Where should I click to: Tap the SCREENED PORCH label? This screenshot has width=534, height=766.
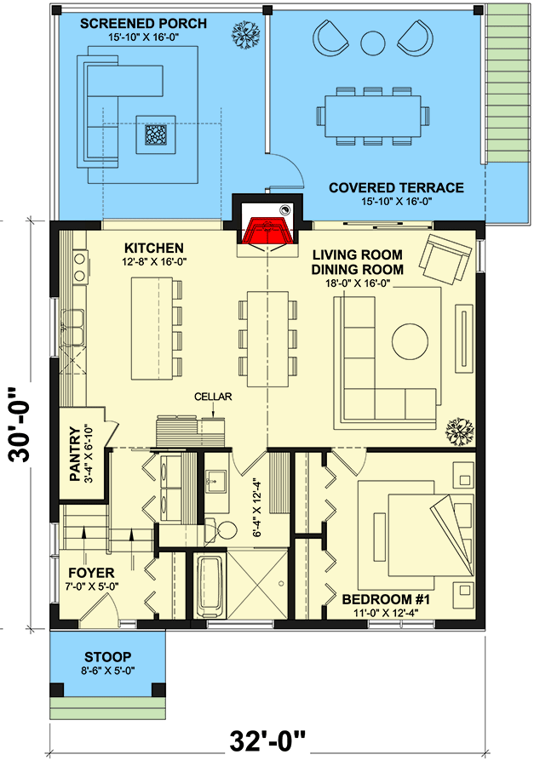coord(143,24)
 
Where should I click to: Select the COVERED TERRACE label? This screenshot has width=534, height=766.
coord(396,188)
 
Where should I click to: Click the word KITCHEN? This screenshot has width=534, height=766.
coord(154,244)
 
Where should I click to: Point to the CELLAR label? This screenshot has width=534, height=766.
coord(213,397)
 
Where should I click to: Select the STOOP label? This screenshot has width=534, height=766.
coord(107,657)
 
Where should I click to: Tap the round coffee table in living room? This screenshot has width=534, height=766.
coord(410,341)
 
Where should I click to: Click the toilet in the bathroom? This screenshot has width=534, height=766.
coord(224,529)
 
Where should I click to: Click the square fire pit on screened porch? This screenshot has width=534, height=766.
coord(155,134)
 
